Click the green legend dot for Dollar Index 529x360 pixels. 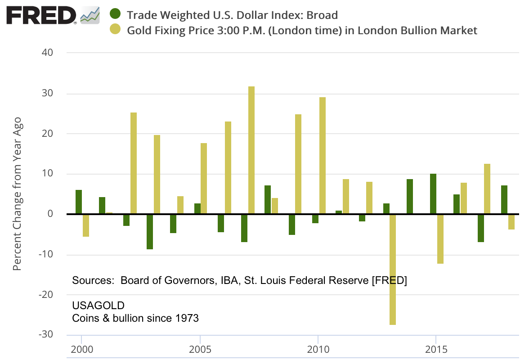[116, 14]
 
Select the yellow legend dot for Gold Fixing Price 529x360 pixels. [116, 30]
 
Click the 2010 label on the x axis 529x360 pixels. [318, 350]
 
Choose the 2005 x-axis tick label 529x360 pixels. [200, 350]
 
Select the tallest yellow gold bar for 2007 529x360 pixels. [251, 150]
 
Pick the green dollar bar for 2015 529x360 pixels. [433, 194]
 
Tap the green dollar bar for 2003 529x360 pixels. [150, 232]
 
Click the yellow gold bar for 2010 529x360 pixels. [323, 156]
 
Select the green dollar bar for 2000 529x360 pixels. [79, 202]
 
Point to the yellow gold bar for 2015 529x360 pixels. [440, 239]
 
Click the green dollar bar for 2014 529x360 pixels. [410, 197]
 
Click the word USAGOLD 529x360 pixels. [98, 306]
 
